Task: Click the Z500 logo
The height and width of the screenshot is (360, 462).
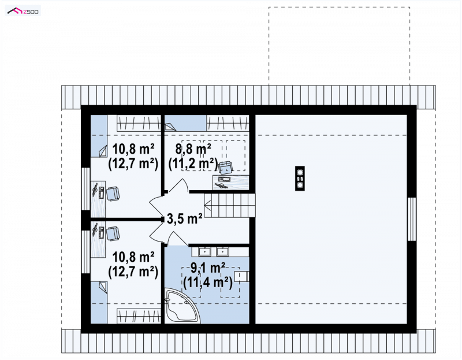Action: click(23, 11)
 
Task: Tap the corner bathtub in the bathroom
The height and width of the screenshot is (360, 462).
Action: click(182, 306)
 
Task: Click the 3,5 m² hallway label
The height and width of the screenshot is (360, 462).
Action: click(184, 218)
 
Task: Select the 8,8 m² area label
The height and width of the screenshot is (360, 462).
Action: click(193, 149)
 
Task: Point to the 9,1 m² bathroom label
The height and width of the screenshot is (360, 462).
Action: click(208, 268)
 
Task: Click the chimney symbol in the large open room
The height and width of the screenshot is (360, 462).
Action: click(300, 178)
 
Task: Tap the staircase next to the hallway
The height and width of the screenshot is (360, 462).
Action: click(230, 206)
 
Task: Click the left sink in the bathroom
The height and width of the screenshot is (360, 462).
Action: click(204, 251)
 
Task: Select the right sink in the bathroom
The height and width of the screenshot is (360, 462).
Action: click(222, 251)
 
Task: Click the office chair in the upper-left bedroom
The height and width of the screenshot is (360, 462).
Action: click(113, 194)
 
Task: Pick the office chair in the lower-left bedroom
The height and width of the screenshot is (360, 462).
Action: click(113, 233)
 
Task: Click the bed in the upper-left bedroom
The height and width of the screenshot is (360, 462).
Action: click(99, 136)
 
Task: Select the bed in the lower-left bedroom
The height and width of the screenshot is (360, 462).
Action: click(99, 302)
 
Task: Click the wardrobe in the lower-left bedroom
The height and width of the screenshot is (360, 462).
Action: click(139, 316)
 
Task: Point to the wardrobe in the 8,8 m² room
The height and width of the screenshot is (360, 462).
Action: click(228, 123)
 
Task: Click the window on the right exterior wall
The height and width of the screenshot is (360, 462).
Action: click(412, 219)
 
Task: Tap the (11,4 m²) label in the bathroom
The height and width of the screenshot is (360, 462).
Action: click(208, 283)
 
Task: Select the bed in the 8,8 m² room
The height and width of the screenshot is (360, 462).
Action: click(185, 123)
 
